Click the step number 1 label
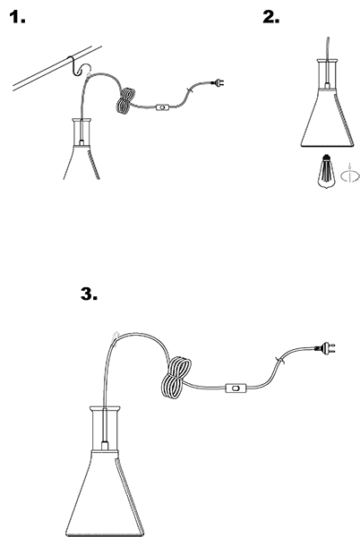click(17, 17)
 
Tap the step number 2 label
click(271, 17)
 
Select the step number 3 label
click(89, 294)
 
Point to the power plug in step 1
click(219, 82)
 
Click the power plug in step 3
click(325, 348)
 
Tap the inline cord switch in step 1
click(163, 107)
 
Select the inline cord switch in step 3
click(236, 388)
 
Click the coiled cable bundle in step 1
click(125, 100)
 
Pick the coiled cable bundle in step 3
click(176, 378)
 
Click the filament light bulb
click(326, 171)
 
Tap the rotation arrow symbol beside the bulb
click(350, 175)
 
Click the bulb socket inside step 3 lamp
click(105, 446)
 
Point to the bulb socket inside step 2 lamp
click(328, 85)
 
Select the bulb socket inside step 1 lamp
click(81, 142)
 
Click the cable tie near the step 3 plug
click(280, 361)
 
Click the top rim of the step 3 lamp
click(105, 409)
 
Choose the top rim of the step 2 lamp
click(328, 61)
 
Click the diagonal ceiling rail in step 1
click(57, 69)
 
